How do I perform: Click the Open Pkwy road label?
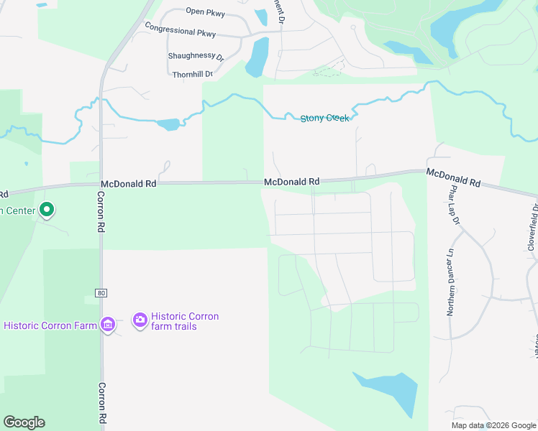[x=205, y=11]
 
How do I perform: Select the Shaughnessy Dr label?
[x=196, y=55]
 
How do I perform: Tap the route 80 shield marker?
[x=101, y=292]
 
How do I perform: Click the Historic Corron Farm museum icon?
[x=108, y=325]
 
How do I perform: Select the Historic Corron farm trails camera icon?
[x=140, y=319]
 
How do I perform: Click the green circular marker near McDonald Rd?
[x=47, y=210]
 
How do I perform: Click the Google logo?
[x=24, y=422]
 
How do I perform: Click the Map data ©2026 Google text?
[x=493, y=425]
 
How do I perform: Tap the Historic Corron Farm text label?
[x=50, y=325]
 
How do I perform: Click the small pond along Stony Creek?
[x=168, y=124]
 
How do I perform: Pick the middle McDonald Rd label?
[x=291, y=182]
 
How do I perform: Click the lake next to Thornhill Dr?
[x=257, y=57]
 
